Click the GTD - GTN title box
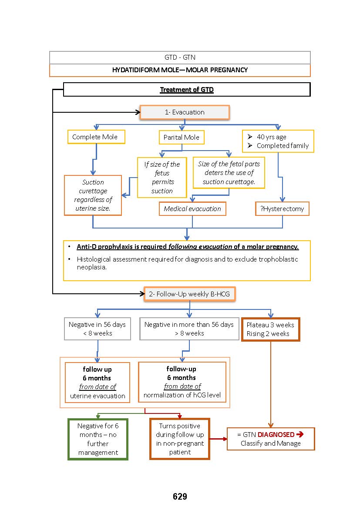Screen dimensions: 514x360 tap(180, 57)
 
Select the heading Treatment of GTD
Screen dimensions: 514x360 tap(187, 90)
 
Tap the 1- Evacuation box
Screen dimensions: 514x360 tap(184, 112)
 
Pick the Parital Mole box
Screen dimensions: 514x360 tap(181, 138)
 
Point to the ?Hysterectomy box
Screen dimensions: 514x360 tap(282, 208)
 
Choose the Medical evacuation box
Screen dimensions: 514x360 tap(192, 209)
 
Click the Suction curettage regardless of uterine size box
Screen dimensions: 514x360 tap(93, 195)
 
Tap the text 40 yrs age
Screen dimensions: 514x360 tap(271, 137)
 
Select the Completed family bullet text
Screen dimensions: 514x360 tap(283, 146)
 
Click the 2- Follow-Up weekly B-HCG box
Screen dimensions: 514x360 tap(189, 294)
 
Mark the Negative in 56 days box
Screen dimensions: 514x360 tap(97, 329)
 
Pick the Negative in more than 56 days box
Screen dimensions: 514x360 tap(189, 329)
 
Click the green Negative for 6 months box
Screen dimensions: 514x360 tap(98, 439)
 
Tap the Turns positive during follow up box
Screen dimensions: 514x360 tap(180, 439)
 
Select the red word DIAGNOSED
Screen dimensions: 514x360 tap(279, 434)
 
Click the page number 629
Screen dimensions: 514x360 tap(180, 496)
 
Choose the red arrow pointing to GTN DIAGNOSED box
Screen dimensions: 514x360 tap(218, 439)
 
